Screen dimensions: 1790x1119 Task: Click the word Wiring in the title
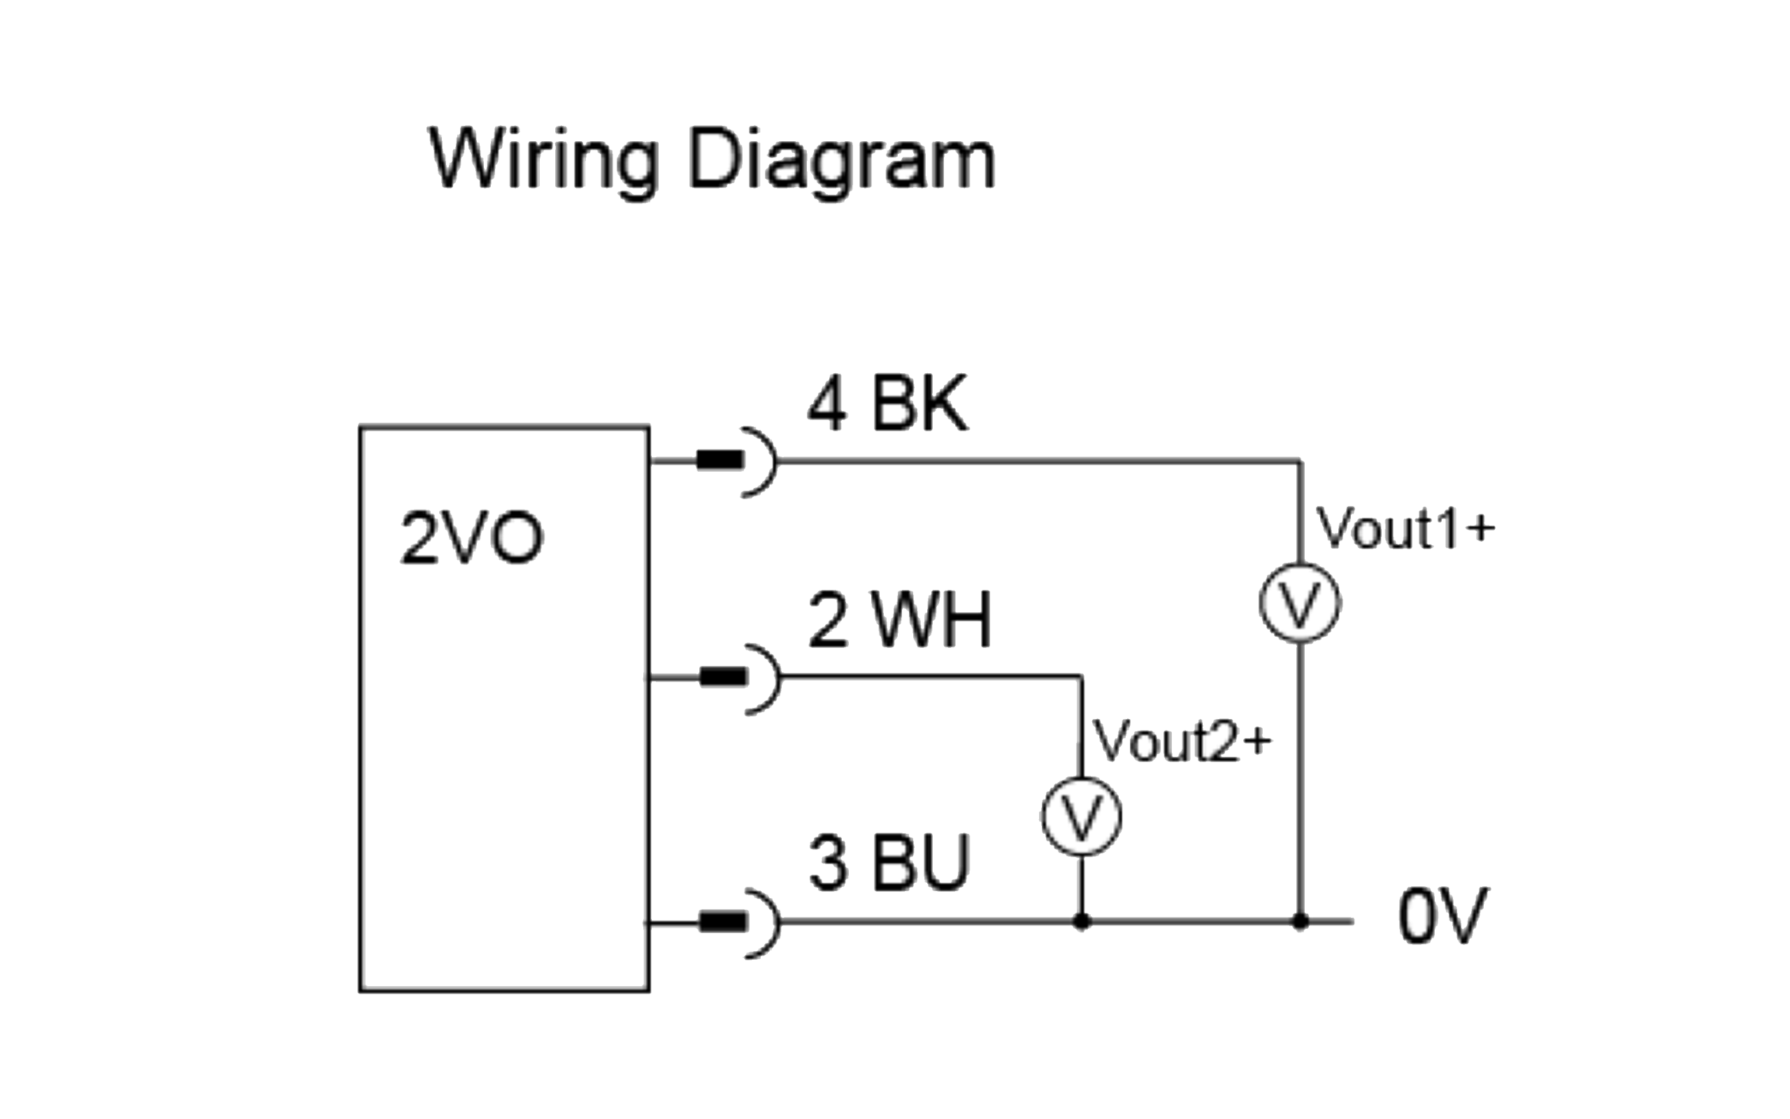tap(543, 161)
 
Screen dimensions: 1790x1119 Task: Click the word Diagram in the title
tap(843, 161)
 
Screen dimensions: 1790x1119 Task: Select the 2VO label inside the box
tap(471, 538)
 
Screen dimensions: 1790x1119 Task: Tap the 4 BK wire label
tap(887, 404)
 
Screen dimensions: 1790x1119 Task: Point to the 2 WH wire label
tap(899, 620)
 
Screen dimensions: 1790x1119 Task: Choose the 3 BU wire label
tap(888, 863)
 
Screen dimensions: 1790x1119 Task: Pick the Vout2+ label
tap(1183, 742)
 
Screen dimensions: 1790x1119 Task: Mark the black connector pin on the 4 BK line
tap(719, 461)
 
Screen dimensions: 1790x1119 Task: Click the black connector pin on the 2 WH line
tap(723, 677)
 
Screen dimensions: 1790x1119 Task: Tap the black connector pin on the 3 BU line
tap(723, 922)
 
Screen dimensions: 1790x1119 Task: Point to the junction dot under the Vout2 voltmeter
tap(1082, 921)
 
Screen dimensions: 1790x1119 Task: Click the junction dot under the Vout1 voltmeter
tap(1300, 921)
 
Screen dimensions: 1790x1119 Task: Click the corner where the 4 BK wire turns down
tap(1300, 461)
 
